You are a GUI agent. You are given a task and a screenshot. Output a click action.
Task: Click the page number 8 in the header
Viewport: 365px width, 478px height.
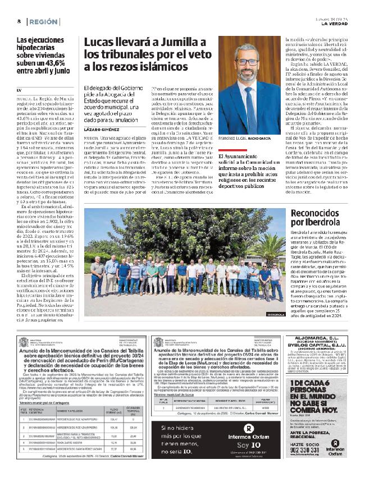[19, 21]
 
